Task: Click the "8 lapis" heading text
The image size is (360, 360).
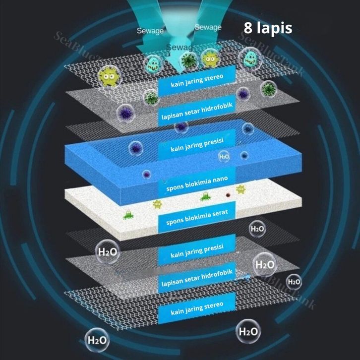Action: tap(268, 28)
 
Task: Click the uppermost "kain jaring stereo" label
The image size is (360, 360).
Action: tap(197, 81)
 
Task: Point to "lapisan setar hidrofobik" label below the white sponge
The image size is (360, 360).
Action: tap(197, 281)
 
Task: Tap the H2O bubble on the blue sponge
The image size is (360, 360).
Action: tap(225, 157)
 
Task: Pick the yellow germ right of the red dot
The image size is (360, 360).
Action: tap(241, 189)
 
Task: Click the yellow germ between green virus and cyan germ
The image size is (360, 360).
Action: tap(210, 59)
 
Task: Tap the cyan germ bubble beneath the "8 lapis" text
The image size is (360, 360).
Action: tap(250, 58)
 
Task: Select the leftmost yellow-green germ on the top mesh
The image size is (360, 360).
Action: tap(108, 75)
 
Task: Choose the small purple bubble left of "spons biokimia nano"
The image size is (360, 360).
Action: tap(147, 174)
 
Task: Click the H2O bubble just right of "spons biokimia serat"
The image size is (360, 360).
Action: tap(257, 229)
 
